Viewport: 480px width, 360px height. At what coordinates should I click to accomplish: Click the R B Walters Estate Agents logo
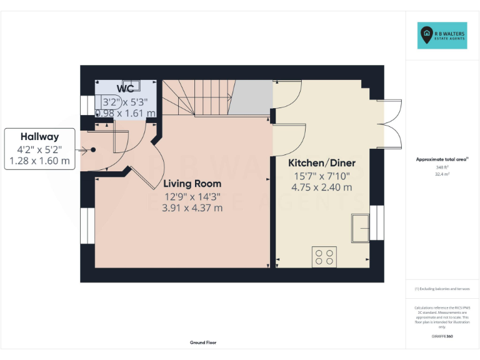click(x=442, y=36)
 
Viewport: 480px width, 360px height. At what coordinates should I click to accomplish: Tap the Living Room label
click(x=192, y=184)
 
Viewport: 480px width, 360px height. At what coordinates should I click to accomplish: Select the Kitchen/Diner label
click(x=322, y=163)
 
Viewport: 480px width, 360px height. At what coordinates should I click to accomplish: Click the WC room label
click(x=125, y=89)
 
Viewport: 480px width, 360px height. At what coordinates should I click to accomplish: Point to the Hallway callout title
click(x=39, y=136)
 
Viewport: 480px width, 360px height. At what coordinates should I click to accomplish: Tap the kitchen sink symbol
click(x=360, y=227)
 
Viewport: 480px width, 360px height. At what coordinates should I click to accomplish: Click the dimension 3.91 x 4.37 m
click(x=192, y=208)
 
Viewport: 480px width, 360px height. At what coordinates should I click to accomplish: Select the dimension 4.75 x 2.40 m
click(x=322, y=187)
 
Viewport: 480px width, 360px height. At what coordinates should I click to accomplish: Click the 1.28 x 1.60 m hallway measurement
click(x=39, y=161)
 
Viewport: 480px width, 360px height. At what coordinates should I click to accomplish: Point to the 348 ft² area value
click(x=442, y=167)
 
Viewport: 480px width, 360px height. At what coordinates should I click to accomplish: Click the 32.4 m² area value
click(x=442, y=174)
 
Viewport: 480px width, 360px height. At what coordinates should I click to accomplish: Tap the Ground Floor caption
click(x=203, y=342)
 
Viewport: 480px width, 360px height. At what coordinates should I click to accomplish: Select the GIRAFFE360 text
click(x=442, y=336)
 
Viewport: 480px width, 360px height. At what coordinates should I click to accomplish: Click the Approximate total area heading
click(x=441, y=159)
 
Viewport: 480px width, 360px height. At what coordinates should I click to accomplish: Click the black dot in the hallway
click(x=93, y=150)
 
